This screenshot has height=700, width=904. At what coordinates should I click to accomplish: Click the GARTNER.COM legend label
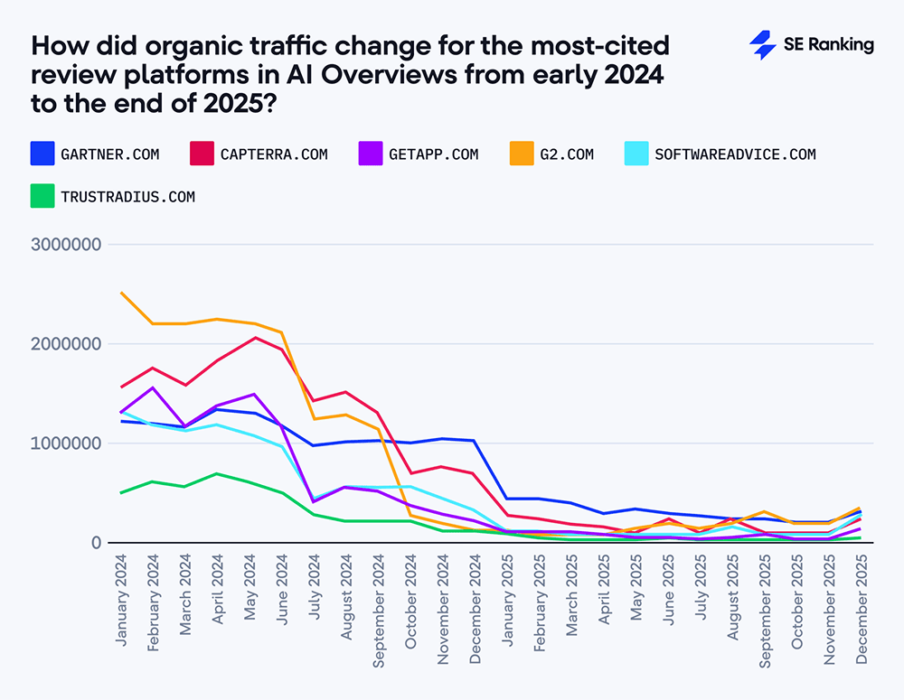point(109,154)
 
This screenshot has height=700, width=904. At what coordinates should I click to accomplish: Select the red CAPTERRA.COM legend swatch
point(200,154)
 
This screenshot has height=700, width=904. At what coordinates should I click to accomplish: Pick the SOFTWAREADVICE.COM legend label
point(735,154)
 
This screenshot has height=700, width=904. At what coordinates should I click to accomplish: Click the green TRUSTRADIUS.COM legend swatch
point(41,196)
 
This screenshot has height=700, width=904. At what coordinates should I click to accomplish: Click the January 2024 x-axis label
point(123,601)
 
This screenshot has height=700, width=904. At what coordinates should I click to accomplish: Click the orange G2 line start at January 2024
point(122,293)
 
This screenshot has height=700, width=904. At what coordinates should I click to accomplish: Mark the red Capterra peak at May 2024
point(256,338)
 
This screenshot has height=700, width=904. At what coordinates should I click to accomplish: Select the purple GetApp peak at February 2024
point(154,387)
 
